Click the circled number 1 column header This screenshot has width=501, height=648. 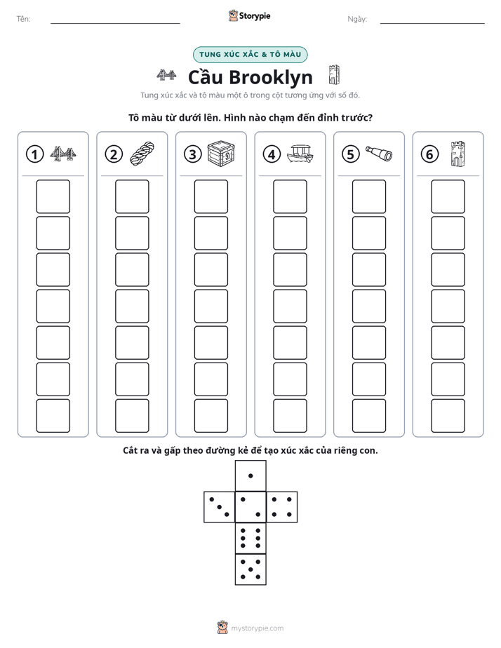click(x=34, y=154)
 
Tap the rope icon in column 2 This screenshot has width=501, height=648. click(x=142, y=154)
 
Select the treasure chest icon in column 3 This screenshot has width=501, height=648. click(x=221, y=154)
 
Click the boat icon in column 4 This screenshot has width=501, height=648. click(x=300, y=154)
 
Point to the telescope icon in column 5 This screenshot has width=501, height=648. click(x=379, y=154)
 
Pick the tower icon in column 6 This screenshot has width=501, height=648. click(x=458, y=154)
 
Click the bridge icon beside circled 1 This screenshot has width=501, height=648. click(x=63, y=154)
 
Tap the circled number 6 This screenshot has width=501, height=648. click(x=429, y=154)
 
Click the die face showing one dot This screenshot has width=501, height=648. click(x=250, y=475)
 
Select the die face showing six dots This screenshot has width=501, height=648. click(x=250, y=538)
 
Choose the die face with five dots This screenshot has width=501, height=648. click(x=250, y=569)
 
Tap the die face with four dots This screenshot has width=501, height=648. click(x=282, y=506)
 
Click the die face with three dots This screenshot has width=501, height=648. click(x=220, y=506)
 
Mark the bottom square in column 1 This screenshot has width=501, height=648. click(x=53, y=416)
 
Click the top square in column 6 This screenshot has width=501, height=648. click(x=448, y=196)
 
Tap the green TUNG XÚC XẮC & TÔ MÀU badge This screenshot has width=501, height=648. click(x=250, y=55)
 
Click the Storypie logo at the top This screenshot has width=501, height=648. click(x=249, y=15)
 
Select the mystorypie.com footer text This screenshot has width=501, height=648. click(x=257, y=628)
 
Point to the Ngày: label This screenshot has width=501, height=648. click(x=357, y=19)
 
